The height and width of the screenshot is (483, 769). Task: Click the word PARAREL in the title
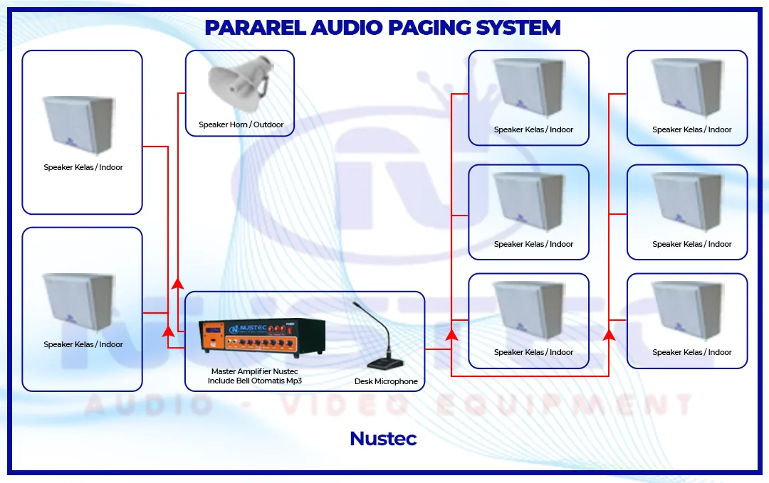pos(254,28)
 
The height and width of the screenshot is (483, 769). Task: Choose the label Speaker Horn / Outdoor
pos(241,125)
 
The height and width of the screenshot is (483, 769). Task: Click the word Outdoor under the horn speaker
pos(268,125)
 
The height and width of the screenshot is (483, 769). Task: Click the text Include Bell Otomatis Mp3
pos(254,381)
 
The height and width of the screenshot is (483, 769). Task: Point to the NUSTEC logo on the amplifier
pos(246,329)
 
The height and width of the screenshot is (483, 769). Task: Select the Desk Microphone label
pos(386,382)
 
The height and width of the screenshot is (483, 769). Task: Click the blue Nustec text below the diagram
pos(383,439)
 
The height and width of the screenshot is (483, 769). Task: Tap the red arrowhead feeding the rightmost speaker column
pos(609,334)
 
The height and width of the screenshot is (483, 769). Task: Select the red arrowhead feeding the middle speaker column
pos(451,334)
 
